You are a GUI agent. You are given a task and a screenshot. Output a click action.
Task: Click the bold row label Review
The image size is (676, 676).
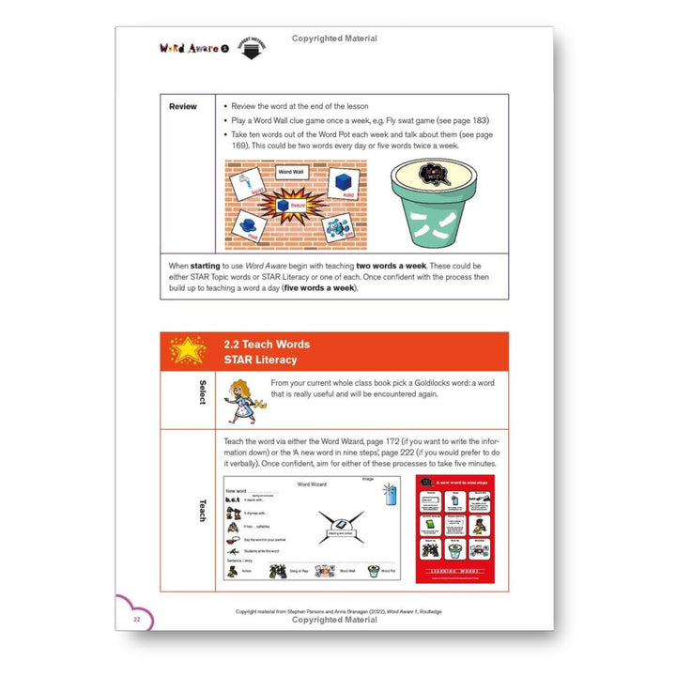183,106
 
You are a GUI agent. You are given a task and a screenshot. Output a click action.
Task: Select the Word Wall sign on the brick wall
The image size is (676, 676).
291,172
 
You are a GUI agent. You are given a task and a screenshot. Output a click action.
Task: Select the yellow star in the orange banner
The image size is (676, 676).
187,351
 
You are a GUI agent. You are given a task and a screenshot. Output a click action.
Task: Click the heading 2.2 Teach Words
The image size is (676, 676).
267,344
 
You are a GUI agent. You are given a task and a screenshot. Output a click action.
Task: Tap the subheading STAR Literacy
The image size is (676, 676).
260,360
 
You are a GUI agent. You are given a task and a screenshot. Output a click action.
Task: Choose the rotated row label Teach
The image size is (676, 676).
202,512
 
